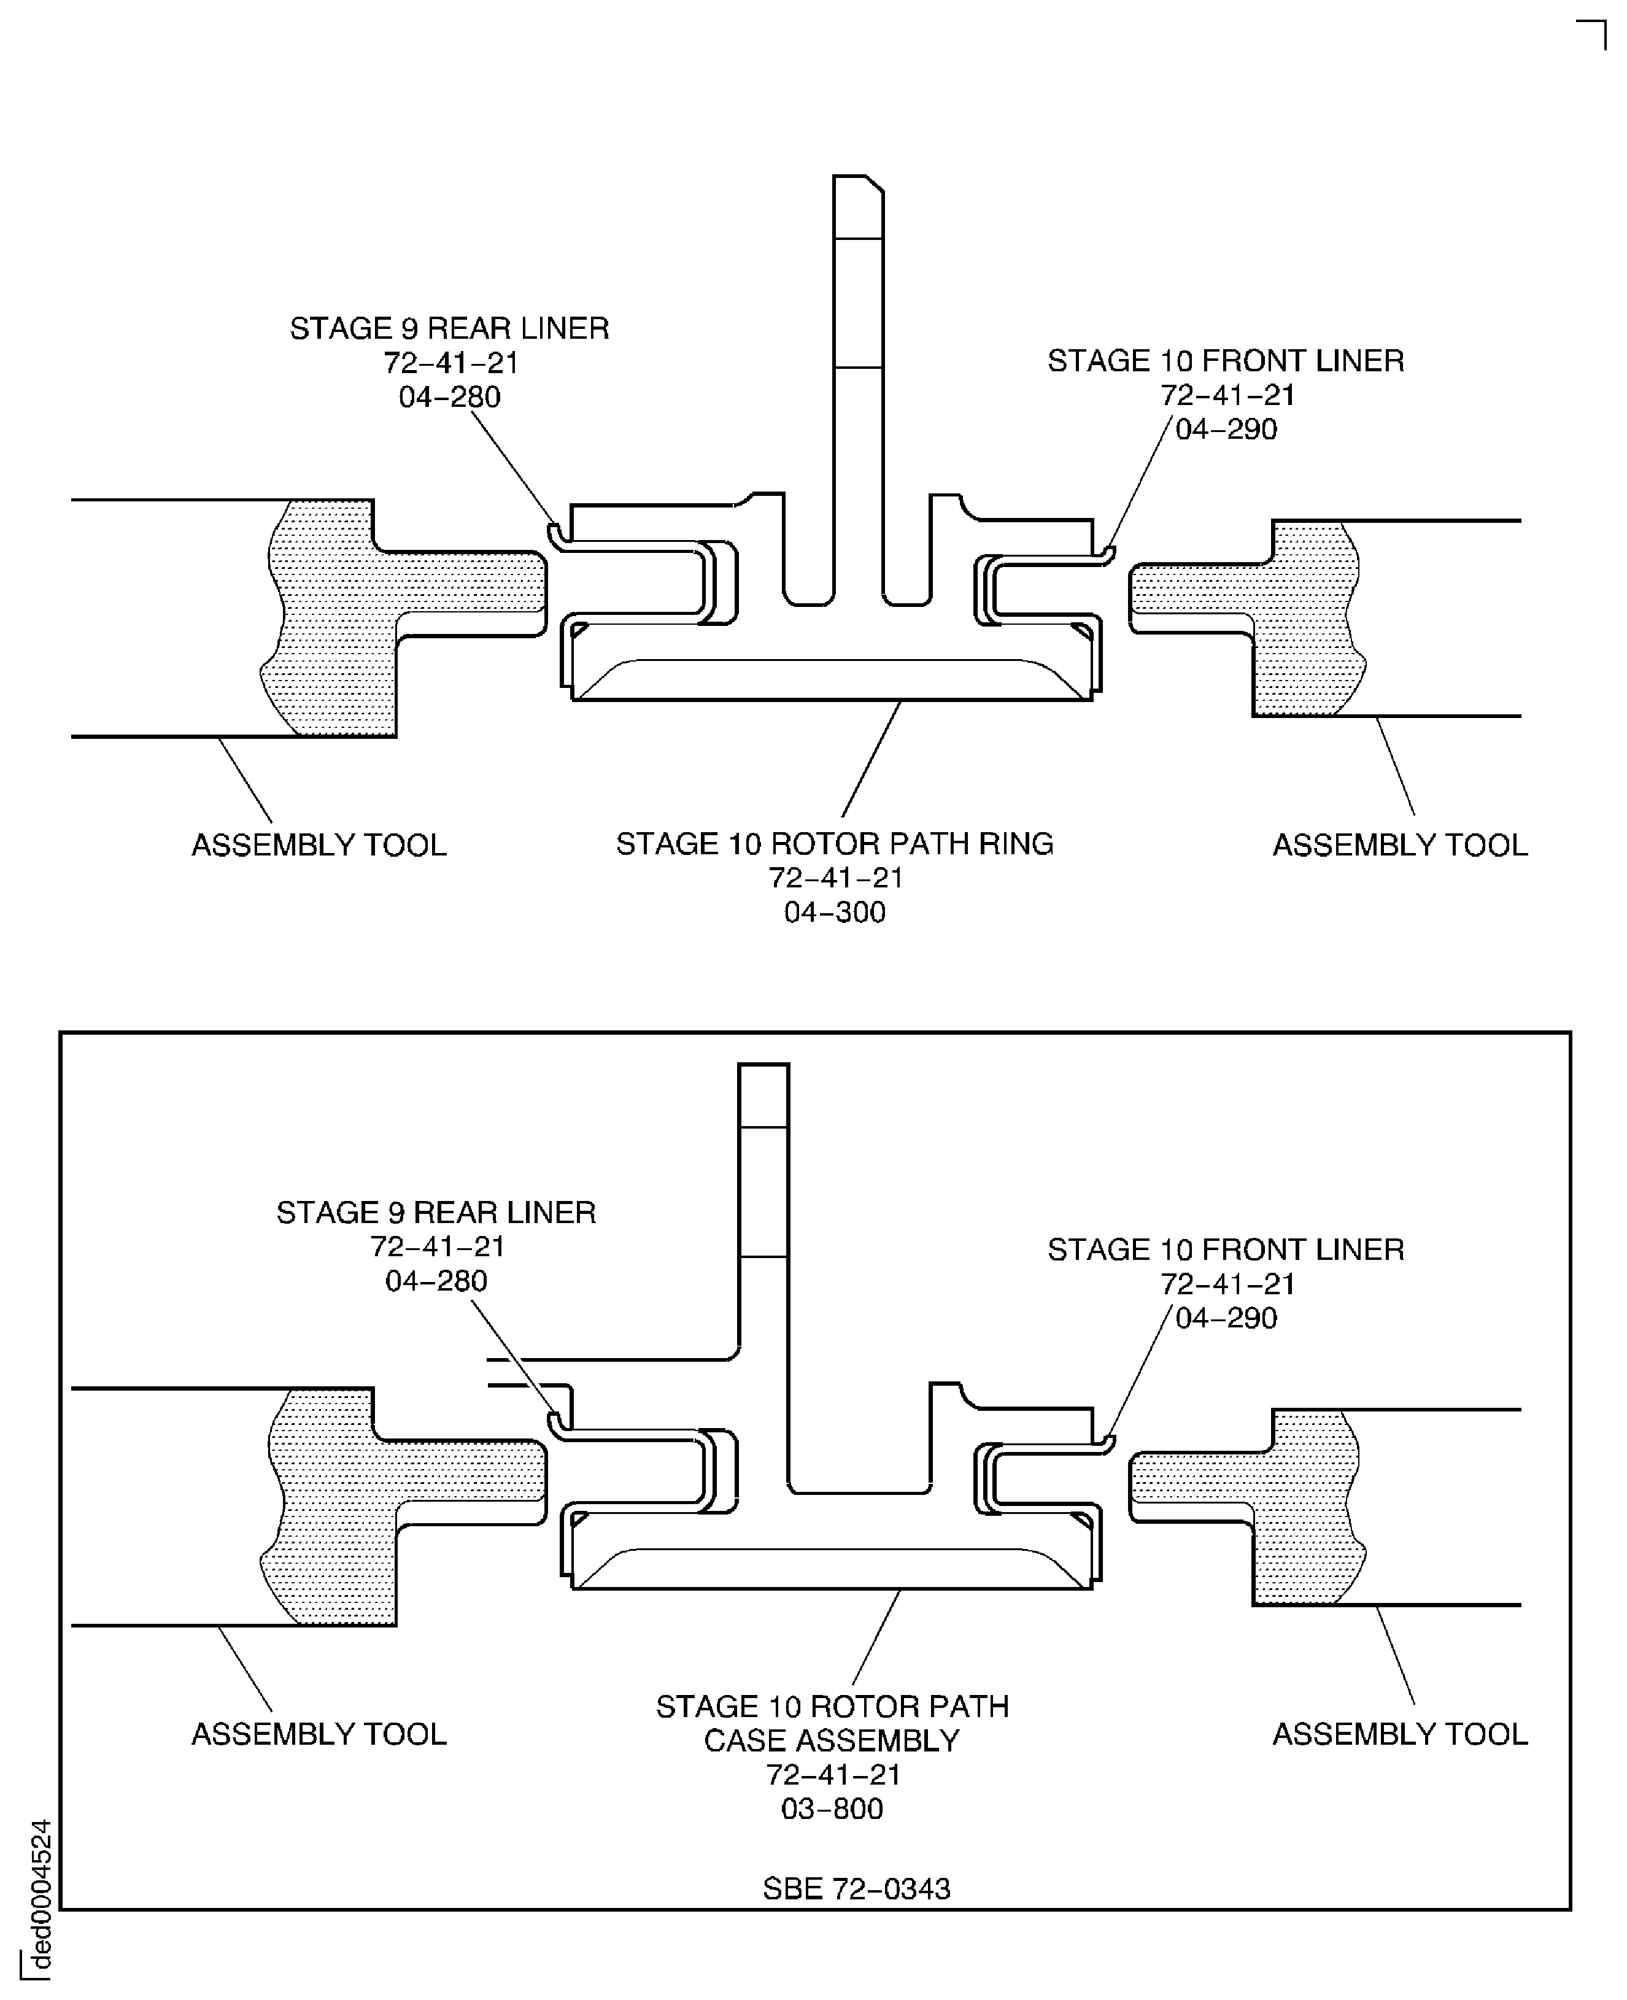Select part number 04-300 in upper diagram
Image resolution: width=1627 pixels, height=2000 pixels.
tap(834, 912)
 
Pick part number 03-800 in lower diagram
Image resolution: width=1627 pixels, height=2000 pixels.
tap(832, 1808)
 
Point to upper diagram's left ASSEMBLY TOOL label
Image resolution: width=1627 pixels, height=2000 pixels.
tap(319, 846)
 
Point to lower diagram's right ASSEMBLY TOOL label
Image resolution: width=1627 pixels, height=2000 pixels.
tap(1399, 1734)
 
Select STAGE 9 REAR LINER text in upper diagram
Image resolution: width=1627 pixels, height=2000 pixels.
tap(449, 328)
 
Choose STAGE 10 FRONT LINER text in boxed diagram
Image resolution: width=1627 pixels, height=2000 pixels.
tap(1225, 1249)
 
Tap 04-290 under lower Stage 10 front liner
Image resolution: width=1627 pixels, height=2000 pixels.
tap(1225, 1318)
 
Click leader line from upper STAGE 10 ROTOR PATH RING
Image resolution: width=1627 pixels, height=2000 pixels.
tap(871, 759)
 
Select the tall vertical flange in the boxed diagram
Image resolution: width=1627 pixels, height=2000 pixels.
tap(764, 1246)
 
